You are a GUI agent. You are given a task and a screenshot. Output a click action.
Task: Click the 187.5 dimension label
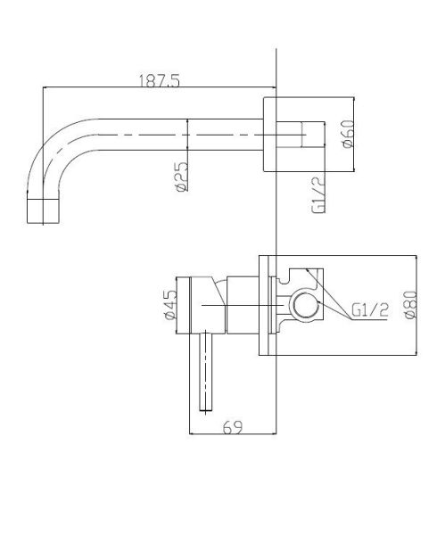[159, 81]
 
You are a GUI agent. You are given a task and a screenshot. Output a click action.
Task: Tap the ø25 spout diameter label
[183, 176]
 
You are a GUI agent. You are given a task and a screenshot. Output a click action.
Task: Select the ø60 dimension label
[348, 134]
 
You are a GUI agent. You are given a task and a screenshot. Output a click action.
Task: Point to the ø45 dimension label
[169, 305]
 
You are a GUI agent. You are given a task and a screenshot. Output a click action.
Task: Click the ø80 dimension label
[410, 305]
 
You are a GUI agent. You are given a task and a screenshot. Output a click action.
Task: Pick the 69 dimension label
[233, 427]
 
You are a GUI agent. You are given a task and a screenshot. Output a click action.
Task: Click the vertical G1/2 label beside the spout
[318, 196]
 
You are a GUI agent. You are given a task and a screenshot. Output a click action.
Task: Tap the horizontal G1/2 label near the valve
[370, 310]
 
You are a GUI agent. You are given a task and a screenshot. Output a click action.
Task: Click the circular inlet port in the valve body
[306, 304]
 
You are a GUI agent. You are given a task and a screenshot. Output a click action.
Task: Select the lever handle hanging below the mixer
[205, 371]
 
